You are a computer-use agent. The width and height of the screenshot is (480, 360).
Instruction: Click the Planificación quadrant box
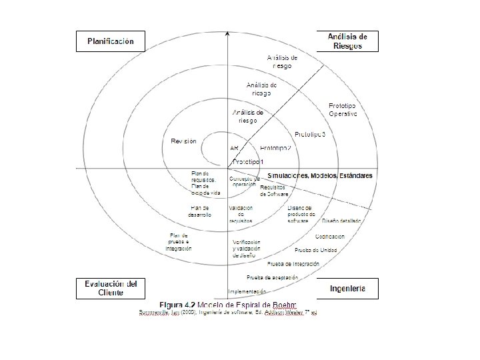[111, 41]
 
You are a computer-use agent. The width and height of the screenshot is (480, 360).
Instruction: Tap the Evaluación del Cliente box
[111, 288]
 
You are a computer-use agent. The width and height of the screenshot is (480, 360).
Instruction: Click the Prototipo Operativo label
[343, 110]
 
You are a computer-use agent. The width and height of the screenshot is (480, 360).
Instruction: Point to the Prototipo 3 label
[309, 135]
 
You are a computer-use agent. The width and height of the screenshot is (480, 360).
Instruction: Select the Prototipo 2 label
[275, 147]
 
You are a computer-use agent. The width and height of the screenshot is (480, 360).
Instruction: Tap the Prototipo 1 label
[247, 162]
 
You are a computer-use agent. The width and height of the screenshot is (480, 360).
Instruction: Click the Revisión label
[183, 141]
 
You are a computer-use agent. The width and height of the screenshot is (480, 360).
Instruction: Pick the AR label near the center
[234, 147]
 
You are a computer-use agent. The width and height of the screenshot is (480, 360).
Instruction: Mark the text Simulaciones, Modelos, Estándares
[319, 175]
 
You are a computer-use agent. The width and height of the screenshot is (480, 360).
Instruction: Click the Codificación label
[330, 237]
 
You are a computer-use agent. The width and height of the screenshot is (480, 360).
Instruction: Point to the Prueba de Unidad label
[316, 250]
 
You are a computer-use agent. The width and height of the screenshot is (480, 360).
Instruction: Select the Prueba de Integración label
[298, 263]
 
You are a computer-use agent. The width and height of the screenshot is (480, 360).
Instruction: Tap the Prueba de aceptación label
[269, 276]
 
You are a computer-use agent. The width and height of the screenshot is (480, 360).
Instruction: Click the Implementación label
[247, 291]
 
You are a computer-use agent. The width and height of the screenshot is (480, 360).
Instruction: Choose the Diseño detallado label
[342, 221]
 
